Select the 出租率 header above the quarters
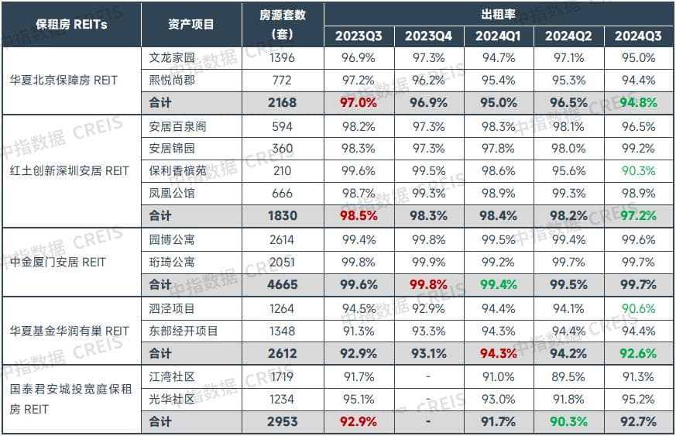point(499,13)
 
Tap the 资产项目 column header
point(191,24)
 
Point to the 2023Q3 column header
point(359,36)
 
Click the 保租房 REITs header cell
point(71,24)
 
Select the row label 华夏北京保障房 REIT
point(74,81)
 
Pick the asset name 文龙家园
point(172,58)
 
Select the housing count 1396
point(282,58)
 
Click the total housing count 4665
point(283,285)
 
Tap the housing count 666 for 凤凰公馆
point(282,194)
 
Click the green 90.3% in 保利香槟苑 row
point(639,170)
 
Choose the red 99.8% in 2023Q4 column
point(428,285)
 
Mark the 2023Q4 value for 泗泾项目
point(428,308)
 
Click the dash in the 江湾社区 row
point(428,376)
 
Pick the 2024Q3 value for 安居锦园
point(639,148)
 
